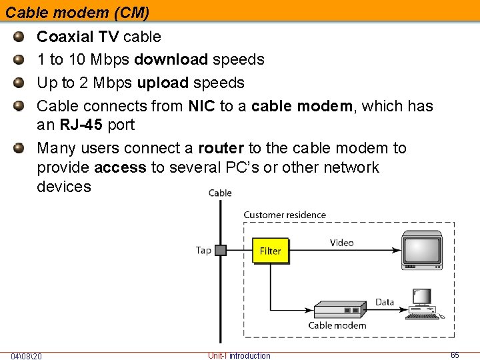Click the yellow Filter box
(x=271, y=251)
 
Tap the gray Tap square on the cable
(x=221, y=250)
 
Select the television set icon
(x=422, y=250)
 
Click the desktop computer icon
(x=424, y=304)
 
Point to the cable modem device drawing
(x=340, y=310)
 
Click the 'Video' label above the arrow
(x=341, y=243)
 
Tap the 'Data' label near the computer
(x=385, y=302)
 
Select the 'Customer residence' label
(x=285, y=215)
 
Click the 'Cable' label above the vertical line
(x=220, y=193)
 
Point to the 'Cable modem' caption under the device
(x=337, y=325)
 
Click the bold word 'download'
(x=171, y=59)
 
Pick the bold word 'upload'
(x=163, y=83)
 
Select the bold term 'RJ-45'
(x=81, y=125)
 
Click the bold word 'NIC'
(x=202, y=106)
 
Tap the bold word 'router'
(x=221, y=148)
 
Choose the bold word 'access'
(x=120, y=167)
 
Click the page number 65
(x=455, y=355)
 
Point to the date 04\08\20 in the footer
(x=26, y=356)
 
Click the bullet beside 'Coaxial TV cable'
(x=19, y=37)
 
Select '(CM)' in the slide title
(x=132, y=13)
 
